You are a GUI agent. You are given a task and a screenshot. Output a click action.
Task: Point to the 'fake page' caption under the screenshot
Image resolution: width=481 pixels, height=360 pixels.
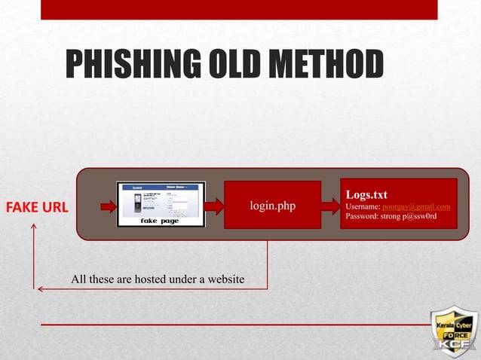point(160,221)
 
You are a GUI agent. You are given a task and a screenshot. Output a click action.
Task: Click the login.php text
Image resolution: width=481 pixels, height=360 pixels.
point(272,206)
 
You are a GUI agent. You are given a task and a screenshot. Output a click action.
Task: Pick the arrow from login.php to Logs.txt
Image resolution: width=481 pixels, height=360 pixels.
point(330,206)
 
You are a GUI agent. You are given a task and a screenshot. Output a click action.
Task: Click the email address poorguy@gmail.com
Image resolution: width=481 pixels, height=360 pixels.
point(416,206)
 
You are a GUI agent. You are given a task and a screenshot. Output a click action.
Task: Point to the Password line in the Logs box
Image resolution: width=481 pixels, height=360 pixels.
point(391,217)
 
